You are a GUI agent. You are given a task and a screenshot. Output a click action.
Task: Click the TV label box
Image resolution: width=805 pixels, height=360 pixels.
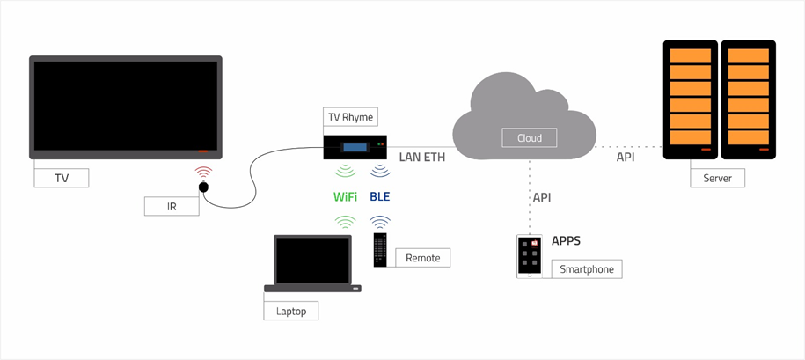[62, 179]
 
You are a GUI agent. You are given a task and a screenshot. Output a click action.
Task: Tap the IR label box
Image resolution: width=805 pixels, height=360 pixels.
[172, 206]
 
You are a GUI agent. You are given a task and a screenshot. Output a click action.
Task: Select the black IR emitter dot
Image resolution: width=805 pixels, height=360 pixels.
[203, 187]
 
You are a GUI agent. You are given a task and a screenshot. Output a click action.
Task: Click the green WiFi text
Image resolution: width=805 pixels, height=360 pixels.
[345, 195]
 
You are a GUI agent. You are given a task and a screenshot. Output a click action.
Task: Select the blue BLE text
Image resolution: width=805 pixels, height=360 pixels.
[380, 195]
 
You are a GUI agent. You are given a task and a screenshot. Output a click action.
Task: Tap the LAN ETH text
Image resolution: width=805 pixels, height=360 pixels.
[422, 158]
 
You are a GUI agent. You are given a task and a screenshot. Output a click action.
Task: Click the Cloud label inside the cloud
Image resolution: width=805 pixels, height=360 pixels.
[530, 138]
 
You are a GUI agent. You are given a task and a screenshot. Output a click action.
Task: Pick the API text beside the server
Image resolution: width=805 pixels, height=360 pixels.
[626, 158]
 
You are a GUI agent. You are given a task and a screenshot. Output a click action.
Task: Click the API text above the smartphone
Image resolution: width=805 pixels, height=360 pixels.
[542, 197]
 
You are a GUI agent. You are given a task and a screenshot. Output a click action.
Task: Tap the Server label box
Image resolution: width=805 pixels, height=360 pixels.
[717, 179]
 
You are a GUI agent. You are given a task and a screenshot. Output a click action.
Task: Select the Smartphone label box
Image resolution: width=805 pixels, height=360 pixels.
[587, 269]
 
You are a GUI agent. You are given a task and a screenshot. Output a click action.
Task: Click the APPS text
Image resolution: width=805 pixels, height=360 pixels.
[566, 241]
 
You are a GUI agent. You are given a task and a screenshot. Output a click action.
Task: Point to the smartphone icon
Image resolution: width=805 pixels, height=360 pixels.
[529, 256]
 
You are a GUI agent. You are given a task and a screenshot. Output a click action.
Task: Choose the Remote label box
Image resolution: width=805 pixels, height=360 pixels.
[423, 258]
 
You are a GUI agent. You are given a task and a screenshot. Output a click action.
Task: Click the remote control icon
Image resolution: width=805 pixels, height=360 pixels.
[380, 249]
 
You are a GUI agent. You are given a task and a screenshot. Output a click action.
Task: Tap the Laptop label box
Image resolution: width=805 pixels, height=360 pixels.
[291, 311]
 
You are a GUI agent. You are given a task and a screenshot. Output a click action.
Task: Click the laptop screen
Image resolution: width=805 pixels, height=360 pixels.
[312, 260]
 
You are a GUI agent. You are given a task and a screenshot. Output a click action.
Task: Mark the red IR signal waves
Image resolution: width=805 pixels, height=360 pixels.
[203, 172]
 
